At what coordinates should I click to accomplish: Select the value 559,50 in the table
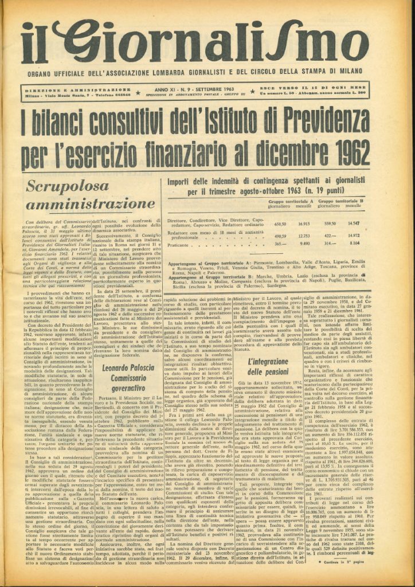tap(330, 224)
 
